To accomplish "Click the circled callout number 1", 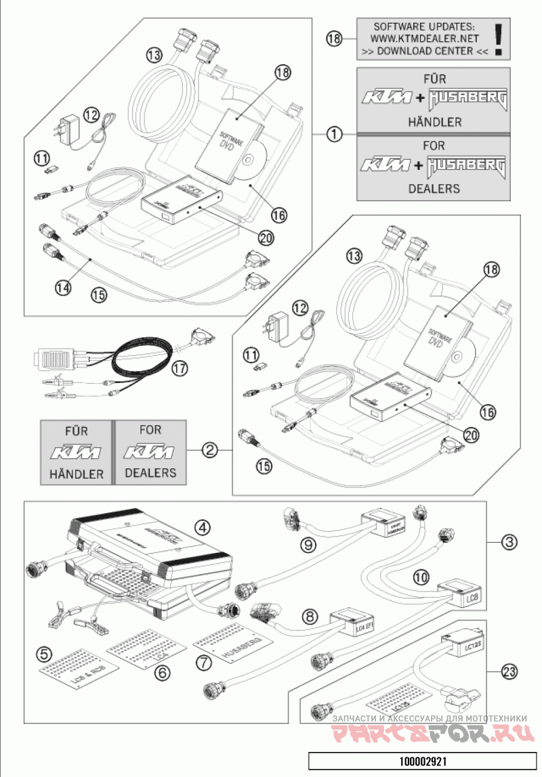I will coord(334,133).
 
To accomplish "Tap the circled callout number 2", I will coord(211,449).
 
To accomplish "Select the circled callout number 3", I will coord(510,541).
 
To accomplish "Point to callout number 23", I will coord(510,671).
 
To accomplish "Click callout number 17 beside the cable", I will coord(179,369).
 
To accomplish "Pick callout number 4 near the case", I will coord(201,526).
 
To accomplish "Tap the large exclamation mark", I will coord(499,39).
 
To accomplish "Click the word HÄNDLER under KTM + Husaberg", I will coord(434,122).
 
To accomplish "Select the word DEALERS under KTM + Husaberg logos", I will coord(434,188).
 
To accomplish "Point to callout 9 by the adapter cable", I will coord(309,544).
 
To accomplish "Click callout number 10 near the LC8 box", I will coord(421,577).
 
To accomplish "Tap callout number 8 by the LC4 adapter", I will coord(310,617).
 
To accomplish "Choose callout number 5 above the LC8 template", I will coord(45,654).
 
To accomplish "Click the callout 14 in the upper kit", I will coord(62,286).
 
